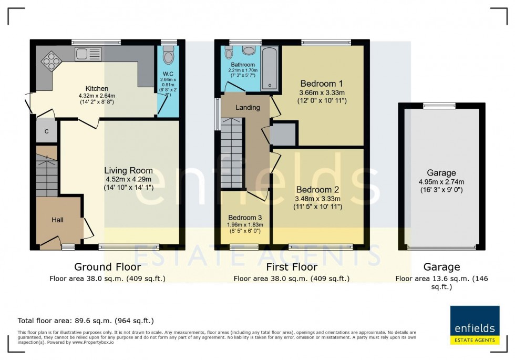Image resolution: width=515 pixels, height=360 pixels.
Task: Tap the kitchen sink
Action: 84,53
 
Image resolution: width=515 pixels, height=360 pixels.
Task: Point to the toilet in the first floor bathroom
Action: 229,53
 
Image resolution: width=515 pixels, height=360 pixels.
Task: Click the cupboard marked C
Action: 46,131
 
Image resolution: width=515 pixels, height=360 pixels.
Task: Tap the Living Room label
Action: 128,170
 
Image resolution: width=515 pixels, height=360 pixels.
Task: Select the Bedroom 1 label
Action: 322,84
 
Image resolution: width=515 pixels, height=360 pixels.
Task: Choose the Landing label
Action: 248,107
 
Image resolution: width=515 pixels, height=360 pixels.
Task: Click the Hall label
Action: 57,220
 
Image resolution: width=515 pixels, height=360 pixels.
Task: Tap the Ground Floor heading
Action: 107,267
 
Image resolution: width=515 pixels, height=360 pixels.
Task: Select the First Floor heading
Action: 291,267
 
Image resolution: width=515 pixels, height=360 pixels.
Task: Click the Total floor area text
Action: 86,321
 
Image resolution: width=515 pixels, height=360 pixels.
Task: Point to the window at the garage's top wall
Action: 439,106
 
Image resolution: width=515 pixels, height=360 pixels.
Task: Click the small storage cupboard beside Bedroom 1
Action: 284,135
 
